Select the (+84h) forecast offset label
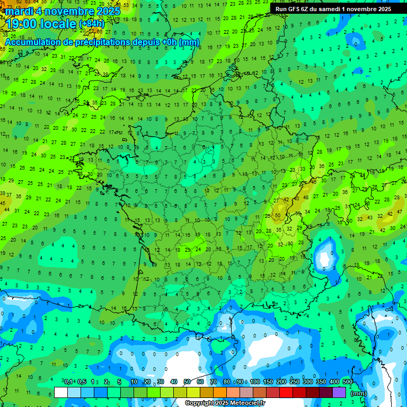(92, 24)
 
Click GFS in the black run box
(296, 9)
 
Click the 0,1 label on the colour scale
(68, 382)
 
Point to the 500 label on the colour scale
(348, 382)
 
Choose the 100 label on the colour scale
(255, 382)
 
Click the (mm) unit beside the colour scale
(359, 394)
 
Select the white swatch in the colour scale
(61, 392)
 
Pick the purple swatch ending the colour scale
(340, 392)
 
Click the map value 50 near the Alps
(278, 216)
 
